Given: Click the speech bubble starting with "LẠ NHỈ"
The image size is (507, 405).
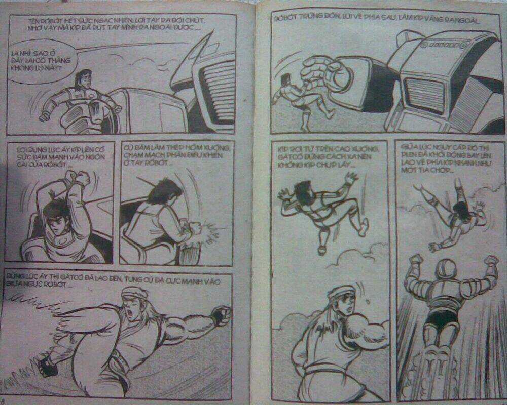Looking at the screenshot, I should [x=38, y=59].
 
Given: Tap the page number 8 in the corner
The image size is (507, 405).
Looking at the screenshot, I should [x=4, y=399].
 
